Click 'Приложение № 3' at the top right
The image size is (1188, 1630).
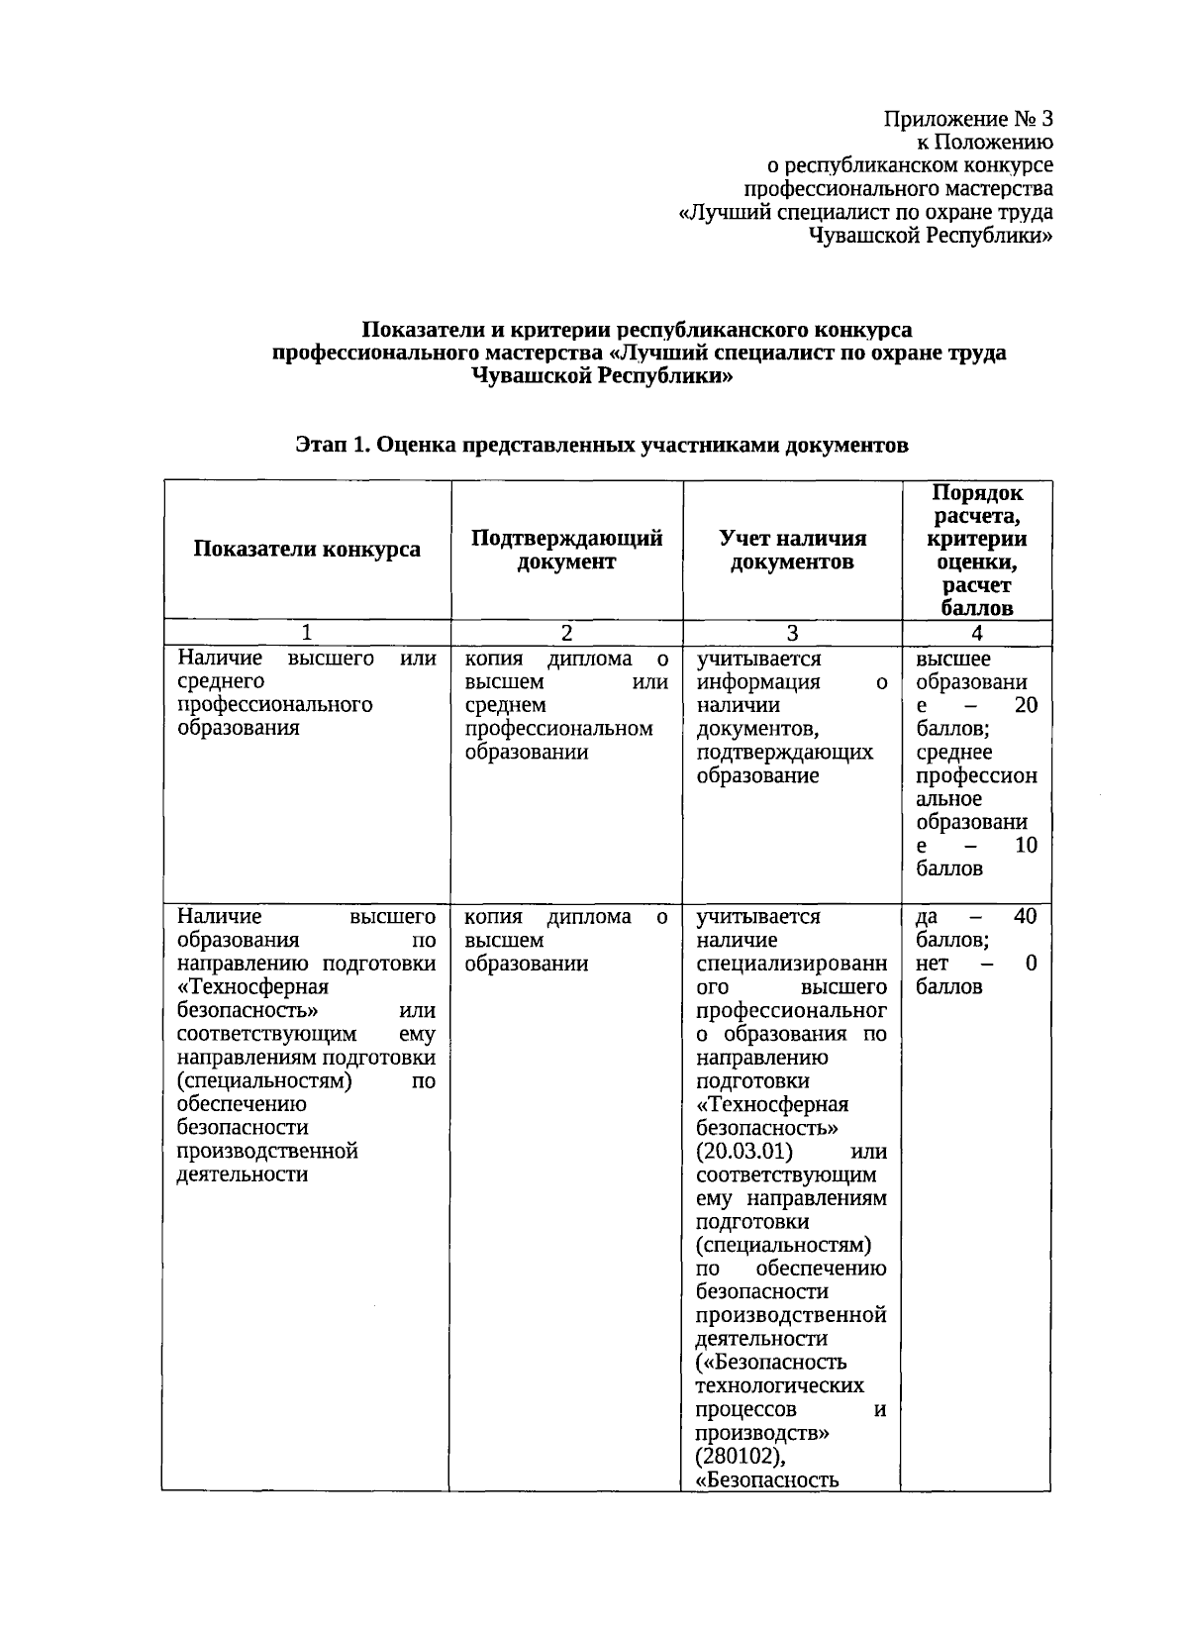tap(967, 120)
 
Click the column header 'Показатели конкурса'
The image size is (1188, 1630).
tap(307, 550)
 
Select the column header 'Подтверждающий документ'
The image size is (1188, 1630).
tap(566, 550)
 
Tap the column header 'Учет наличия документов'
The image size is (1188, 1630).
tap(792, 550)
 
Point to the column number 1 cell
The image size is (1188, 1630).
tap(307, 633)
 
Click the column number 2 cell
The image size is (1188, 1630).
tap(566, 633)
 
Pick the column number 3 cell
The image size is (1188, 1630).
tap(792, 633)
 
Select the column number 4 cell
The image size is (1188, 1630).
tap(977, 633)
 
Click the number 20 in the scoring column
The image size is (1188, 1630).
tap(1026, 705)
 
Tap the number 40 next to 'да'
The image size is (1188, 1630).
tap(1026, 917)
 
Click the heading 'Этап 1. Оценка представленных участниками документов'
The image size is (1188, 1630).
tap(602, 446)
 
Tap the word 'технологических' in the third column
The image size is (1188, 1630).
tap(779, 1385)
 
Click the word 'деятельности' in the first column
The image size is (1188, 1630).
tap(242, 1174)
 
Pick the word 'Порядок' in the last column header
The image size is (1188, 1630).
tap(977, 493)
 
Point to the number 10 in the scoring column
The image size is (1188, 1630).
tap(1026, 846)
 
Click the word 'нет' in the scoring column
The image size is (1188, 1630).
tap(932, 964)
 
